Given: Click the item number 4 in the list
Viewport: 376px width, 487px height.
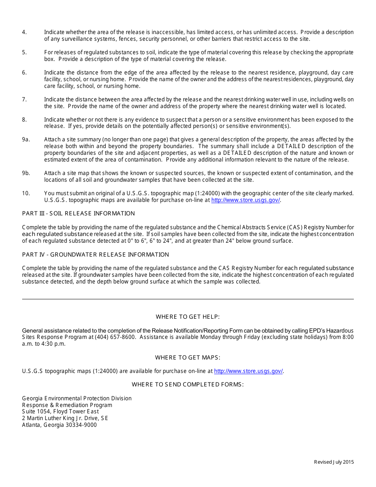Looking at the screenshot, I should [x=25, y=32].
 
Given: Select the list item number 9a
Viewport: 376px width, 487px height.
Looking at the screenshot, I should [x=26, y=139].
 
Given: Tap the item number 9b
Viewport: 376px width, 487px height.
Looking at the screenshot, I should [x=26, y=173].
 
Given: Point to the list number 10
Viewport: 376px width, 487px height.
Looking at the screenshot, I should [x=26, y=193].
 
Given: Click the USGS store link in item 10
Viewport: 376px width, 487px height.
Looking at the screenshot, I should [x=245, y=200].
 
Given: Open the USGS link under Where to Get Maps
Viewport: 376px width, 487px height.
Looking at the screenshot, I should [x=248, y=371].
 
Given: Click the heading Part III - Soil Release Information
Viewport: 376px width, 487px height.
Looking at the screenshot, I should [x=78, y=213].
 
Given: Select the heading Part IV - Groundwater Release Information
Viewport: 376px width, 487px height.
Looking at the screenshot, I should [x=95, y=255].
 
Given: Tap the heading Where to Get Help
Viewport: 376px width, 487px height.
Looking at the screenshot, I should [x=188, y=317].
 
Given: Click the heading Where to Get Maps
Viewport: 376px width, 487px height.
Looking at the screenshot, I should [x=188, y=358].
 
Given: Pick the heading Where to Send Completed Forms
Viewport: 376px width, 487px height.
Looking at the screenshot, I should [x=188, y=384].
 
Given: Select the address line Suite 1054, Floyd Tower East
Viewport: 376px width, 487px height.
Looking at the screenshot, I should [x=61, y=411].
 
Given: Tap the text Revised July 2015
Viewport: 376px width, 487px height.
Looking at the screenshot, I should [x=334, y=462].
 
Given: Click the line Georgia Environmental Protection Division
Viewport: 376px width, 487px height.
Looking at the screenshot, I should [x=77, y=398].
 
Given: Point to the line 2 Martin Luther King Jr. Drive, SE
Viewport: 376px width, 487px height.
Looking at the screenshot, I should [x=65, y=418].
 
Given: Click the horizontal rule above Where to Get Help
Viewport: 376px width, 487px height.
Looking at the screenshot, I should [x=188, y=299].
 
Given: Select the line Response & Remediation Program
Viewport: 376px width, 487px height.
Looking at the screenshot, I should [x=67, y=405].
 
